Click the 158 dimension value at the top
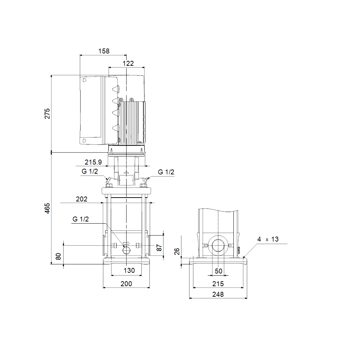[104, 51]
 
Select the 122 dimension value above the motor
[128, 63]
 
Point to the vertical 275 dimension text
[47, 114]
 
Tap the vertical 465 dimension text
[47, 208]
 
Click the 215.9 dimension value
[93, 162]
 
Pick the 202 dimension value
[82, 199]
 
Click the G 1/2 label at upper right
[166, 172]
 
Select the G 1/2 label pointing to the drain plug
[81, 219]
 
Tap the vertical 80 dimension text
[58, 256]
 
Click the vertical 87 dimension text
[159, 248]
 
